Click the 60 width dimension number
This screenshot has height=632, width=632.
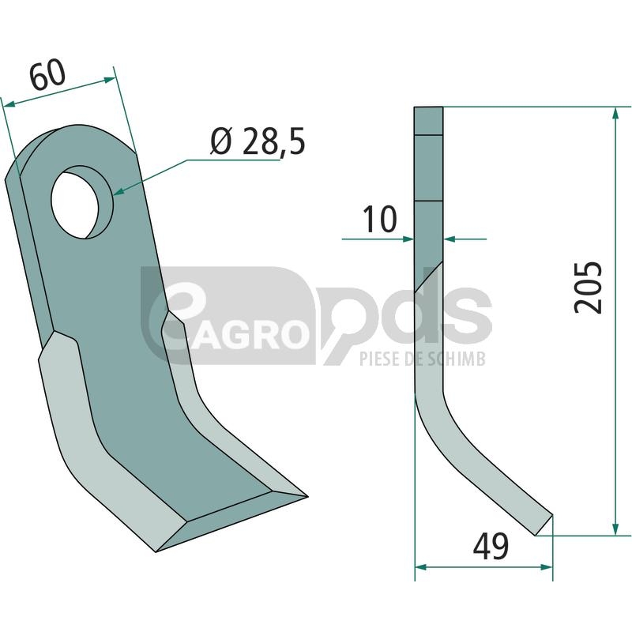47,74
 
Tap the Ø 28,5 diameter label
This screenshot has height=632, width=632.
258,141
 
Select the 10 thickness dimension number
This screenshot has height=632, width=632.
380,219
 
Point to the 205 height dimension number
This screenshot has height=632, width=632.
588,287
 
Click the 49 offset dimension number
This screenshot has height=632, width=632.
491,546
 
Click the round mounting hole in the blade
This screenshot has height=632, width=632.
82,201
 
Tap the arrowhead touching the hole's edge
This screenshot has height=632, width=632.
120,190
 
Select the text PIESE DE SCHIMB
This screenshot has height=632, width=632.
423,359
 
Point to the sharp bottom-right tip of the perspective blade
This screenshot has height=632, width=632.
307,497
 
